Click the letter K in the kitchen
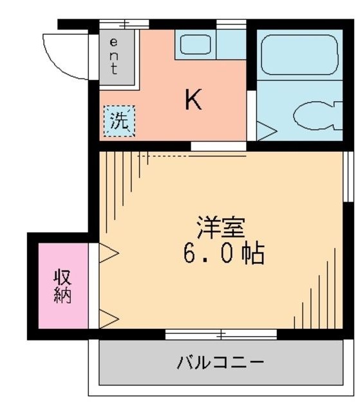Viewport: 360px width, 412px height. (193, 100)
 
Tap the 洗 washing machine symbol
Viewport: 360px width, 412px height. (120, 120)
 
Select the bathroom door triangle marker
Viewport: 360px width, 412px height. (267, 129)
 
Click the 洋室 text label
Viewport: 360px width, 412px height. (220, 229)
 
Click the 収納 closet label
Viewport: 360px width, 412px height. (62, 286)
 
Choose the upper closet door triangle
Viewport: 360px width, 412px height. (108, 255)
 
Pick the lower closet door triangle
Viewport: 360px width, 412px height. (108, 316)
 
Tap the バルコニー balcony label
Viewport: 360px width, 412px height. (220, 362)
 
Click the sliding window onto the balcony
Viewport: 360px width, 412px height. (220, 334)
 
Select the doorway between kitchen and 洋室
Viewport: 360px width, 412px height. (218, 146)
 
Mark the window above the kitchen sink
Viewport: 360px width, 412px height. (231, 24)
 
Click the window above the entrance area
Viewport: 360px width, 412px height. (124, 24)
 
